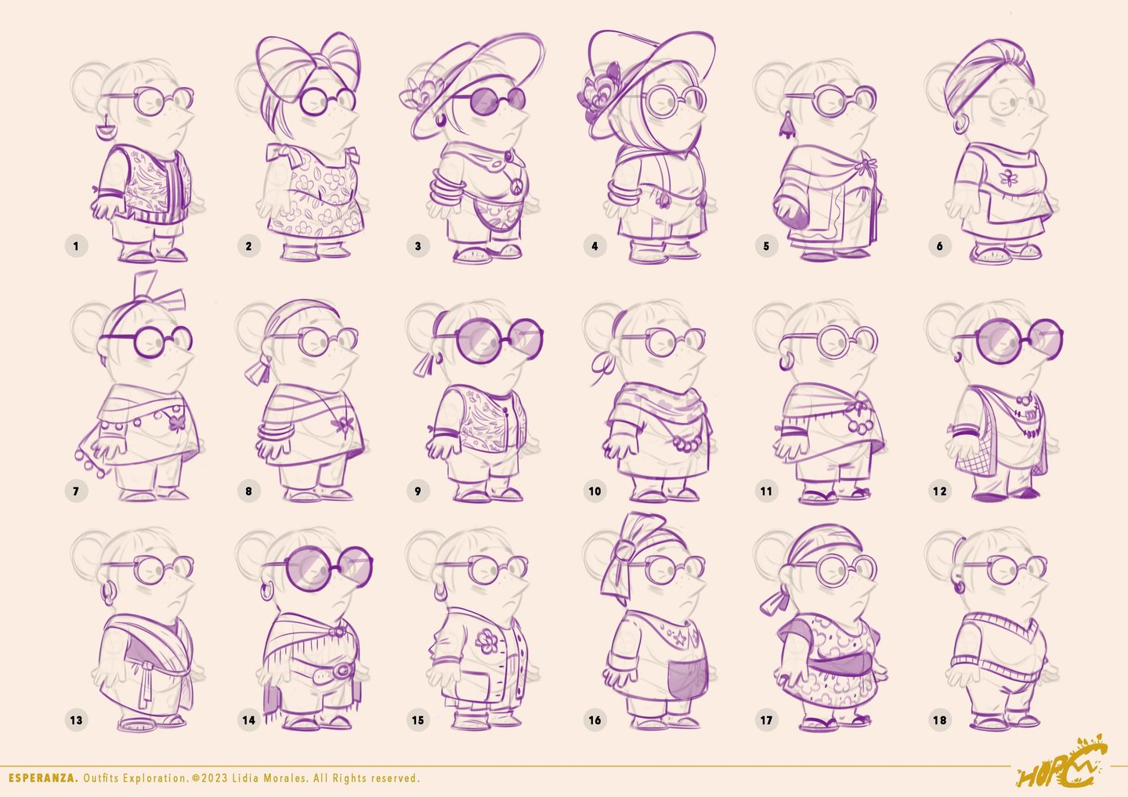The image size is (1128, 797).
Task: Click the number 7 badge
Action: (x=76, y=491)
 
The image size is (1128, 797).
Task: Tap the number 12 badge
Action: (x=940, y=491)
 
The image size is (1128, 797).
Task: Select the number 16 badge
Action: (x=595, y=720)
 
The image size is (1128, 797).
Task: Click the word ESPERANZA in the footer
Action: (x=43, y=778)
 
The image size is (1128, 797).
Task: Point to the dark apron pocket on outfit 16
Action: (x=687, y=676)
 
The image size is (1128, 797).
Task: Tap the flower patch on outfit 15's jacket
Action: (x=487, y=641)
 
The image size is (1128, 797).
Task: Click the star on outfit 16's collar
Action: (x=681, y=639)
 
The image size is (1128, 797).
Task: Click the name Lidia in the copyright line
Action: (x=246, y=778)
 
